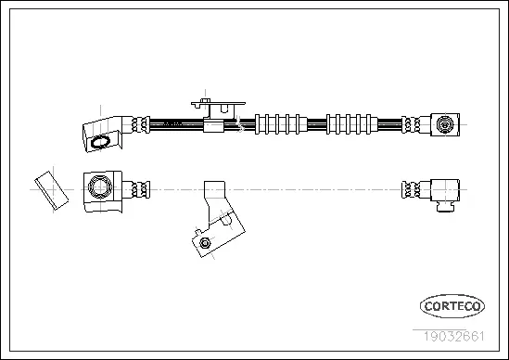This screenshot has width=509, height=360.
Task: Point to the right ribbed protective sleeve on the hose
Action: (350, 123)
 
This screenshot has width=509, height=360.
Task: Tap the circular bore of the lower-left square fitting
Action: (97, 189)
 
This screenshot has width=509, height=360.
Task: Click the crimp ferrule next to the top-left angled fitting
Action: (140, 123)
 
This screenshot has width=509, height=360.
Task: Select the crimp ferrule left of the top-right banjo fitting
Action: (413, 123)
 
